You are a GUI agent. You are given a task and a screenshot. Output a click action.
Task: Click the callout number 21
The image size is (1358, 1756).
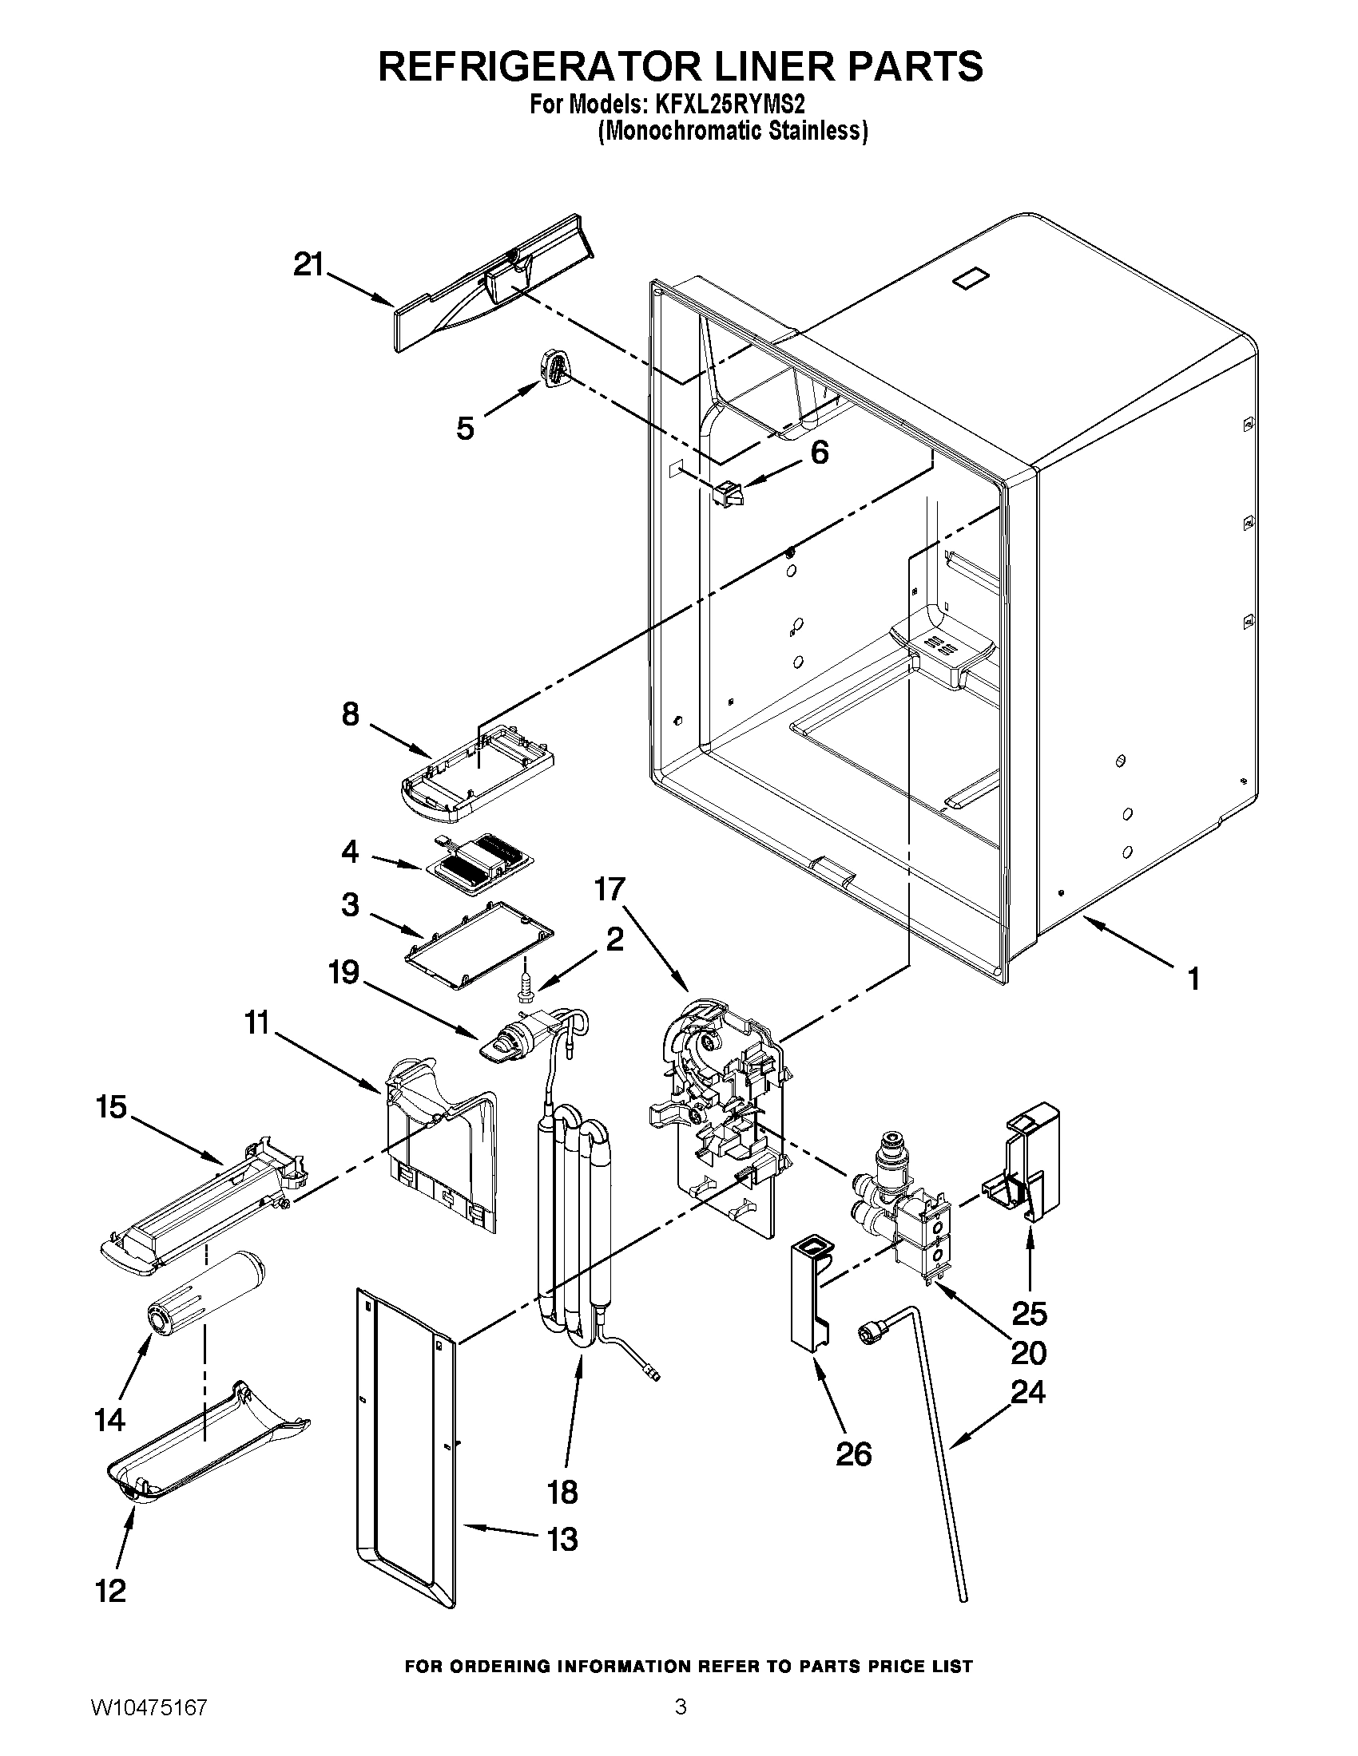pos(308,264)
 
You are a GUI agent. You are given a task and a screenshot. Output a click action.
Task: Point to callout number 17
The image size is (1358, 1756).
pos(610,890)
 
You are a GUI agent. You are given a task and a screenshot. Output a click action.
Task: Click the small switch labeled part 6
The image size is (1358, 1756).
pos(728,492)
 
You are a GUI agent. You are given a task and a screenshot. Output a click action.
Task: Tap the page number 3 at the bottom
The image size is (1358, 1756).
pos(681,1724)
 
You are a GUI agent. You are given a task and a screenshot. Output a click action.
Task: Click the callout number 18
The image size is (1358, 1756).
pos(562,1492)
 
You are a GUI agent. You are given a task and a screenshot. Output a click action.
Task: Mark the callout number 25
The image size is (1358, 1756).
pos(1029,1313)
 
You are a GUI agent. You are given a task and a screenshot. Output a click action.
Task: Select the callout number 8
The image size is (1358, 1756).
pos(350,713)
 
